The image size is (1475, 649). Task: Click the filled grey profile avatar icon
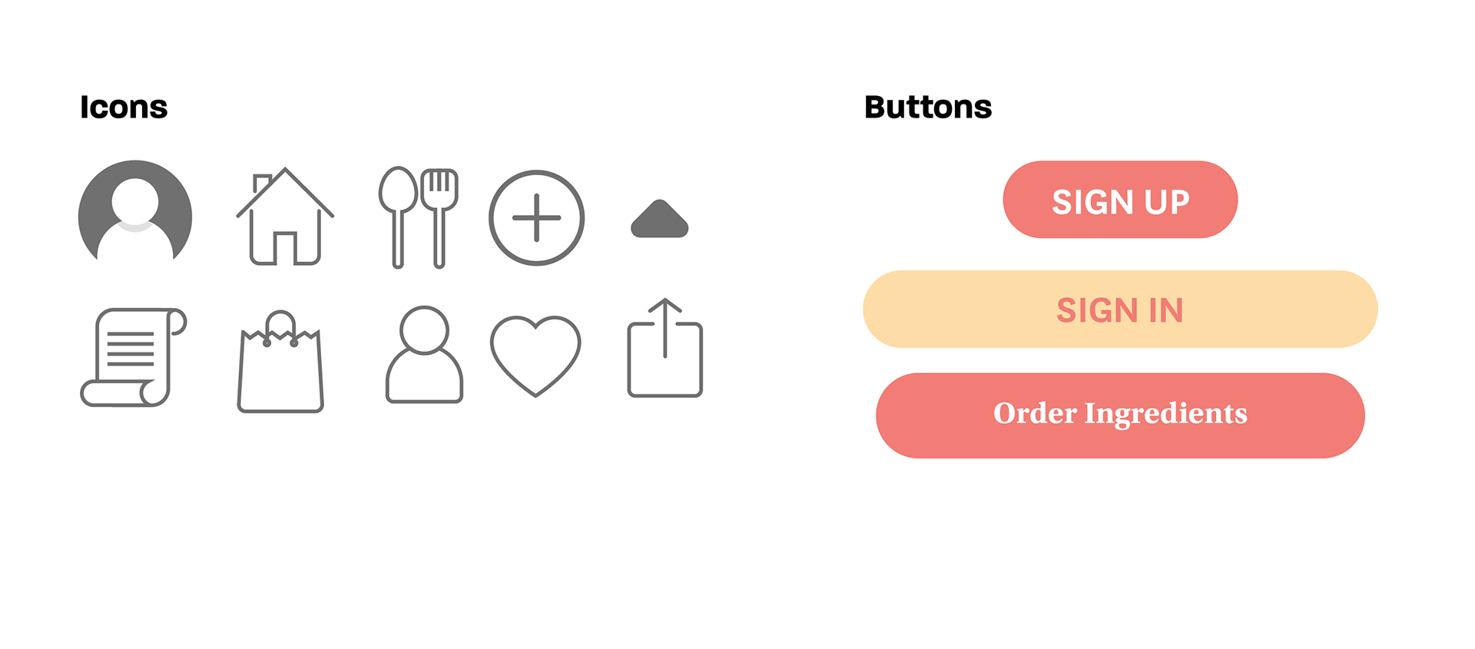pos(134,218)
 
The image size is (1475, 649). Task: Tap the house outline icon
pos(285,217)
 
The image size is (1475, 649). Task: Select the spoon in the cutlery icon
pos(398,215)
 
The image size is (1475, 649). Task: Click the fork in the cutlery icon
pos(440,215)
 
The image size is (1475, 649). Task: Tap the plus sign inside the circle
pos(536,218)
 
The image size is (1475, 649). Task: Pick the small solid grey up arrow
pos(659,220)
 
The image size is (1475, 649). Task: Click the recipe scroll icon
pos(133,357)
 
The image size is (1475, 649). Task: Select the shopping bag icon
pos(280,365)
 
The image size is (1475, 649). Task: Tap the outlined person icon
pos(424,355)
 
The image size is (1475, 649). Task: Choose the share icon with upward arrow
pos(665,350)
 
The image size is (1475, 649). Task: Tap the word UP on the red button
pos(1166,203)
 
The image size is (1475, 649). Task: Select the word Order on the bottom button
pos(1035,413)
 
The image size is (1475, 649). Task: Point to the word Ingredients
pos(1165,413)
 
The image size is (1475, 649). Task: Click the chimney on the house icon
pos(260,183)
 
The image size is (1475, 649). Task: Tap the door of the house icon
pos(285,247)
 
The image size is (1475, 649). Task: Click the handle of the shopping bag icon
pos(281,323)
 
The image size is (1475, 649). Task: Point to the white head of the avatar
pos(135,200)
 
